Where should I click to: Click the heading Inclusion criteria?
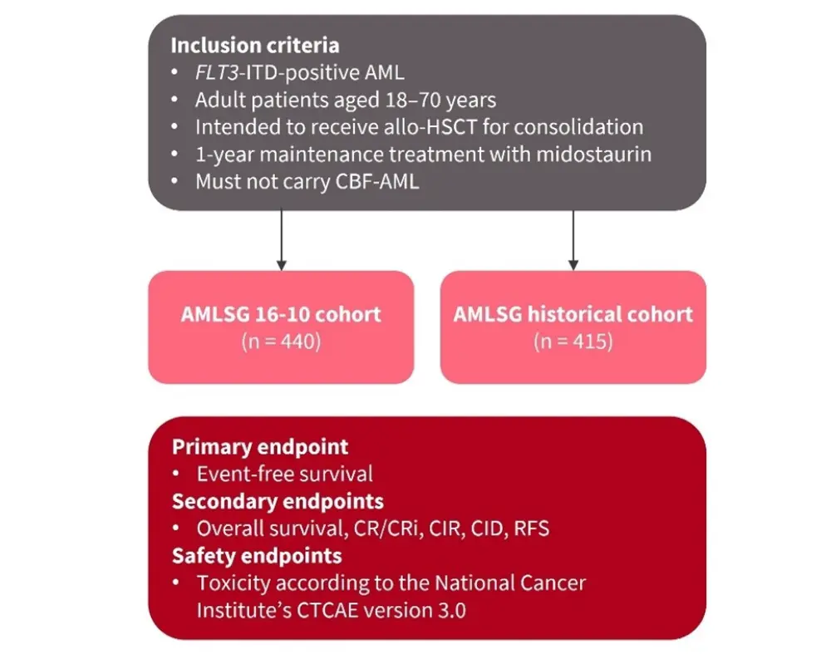coord(255,45)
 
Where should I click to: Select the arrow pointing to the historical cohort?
coord(573,241)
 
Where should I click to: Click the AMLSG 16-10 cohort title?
coord(281,315)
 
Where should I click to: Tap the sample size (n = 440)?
coord(281,341)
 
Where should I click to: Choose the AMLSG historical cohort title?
coord(573,315)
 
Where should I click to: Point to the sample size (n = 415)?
coord(573,341)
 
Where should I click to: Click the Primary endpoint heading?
coord(260,446)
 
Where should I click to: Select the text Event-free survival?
coord(285,474)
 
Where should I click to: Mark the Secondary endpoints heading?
coord(278,501)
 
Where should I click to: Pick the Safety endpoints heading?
coord(257,555)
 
